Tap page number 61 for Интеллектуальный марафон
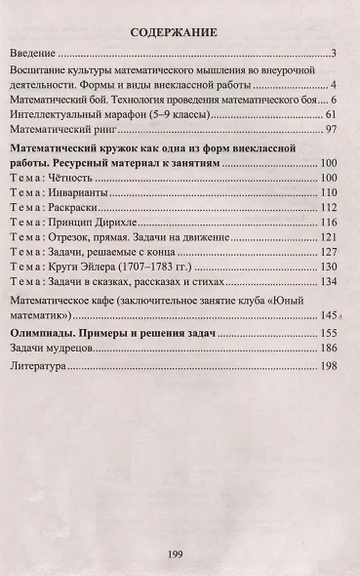(x=331, y=114)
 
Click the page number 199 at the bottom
(x=175, y=554)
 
